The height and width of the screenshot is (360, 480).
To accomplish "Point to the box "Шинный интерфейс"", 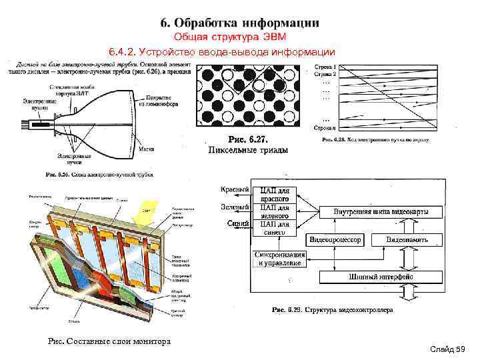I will click(x=381, y=277).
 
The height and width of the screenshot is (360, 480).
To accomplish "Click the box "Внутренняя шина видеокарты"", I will click(x=381, y=212).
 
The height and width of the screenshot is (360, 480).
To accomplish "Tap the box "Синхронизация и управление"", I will click(x=279, y=259).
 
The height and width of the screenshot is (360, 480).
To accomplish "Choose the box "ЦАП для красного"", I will click(x=274, y=194).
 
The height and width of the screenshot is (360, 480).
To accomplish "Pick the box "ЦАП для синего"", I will click(x=274, y=228).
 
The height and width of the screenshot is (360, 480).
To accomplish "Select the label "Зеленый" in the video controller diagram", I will click(x=235, y=207).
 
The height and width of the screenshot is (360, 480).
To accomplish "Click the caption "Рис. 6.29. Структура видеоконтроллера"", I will click(x=333, y=310).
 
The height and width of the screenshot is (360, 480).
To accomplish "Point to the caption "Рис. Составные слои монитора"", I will click(x=110, y=341).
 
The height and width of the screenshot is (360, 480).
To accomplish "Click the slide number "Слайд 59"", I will click(x=447, y=349).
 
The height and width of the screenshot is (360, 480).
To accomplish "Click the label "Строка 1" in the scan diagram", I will click(x=326, y=67).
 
